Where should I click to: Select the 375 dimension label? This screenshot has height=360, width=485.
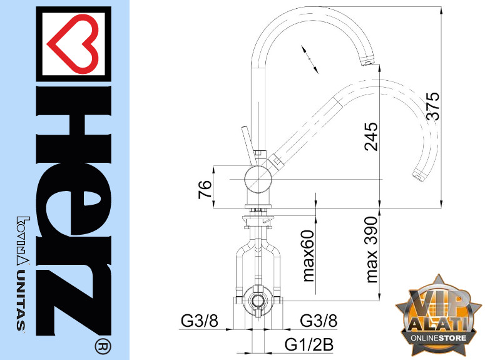(432, 106)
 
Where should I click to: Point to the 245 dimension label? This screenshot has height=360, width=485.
(371, 136)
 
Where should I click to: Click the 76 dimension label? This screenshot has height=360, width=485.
(205, 189)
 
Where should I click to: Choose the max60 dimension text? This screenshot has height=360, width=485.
(308, 255)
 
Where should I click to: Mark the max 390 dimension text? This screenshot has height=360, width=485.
(371, 249)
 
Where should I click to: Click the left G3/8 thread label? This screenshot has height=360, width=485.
(200, 321)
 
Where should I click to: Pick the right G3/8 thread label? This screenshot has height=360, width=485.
(319, 321)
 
